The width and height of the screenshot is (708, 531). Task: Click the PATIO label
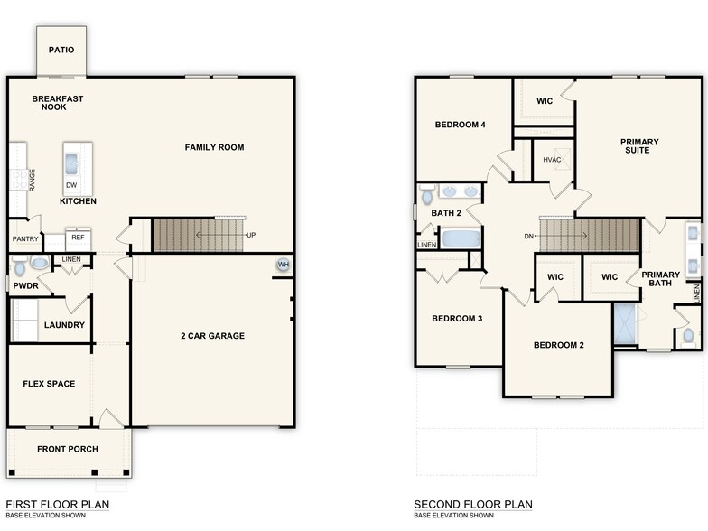coord(61,50)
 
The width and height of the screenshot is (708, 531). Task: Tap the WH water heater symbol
coord(284,265)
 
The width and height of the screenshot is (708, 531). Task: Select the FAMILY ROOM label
coord(214,147)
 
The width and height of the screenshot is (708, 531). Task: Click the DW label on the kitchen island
coord(71,185)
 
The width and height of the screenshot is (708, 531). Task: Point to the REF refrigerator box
coord(78,238)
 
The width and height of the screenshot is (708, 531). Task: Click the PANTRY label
coord(23,239)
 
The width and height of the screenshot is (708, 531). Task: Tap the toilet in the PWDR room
coord(38,265)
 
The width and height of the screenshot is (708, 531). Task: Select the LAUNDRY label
coord(64,325)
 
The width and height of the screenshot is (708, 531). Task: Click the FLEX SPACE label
coord(49,384)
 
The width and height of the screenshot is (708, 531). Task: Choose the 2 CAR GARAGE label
coord(213,336)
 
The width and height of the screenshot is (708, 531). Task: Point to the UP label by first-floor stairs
coord(250,235)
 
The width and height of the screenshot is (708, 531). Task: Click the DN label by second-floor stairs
coord(529,236)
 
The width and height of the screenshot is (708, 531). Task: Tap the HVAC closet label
coord(552,160)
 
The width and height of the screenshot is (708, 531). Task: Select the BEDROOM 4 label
coord(461,125)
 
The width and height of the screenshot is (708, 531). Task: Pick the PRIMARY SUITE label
coord(639,147)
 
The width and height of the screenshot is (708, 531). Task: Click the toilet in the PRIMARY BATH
coord(688,335)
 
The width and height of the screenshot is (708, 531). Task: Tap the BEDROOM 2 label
coord(558,345)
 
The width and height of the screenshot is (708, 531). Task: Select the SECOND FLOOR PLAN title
coord(473,504)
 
